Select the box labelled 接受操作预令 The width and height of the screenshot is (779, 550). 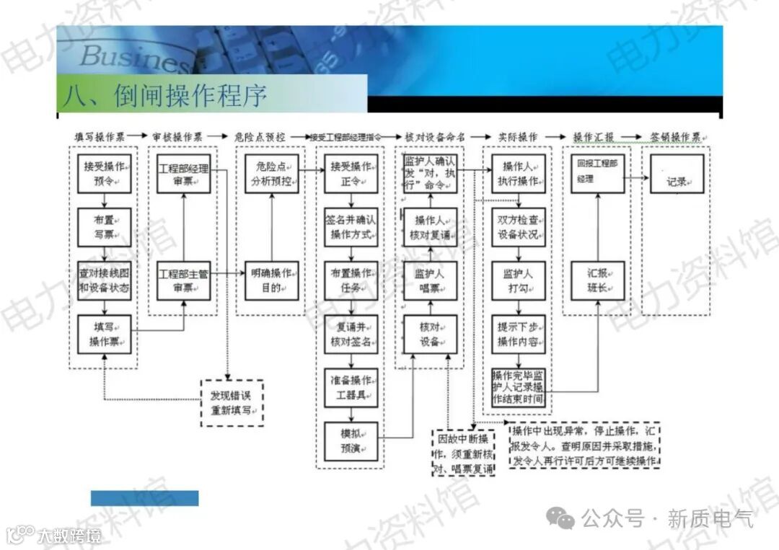pyautogui.click(x=104, y=174)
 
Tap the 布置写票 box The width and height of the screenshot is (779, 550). pyautogui.click(x=104, y=227)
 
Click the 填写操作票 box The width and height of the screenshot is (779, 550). pyautogui.click(x=104, y=335)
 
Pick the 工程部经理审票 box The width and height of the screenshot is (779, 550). pyautogui.click(x=183, y=174)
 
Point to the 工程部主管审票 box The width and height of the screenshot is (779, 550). pyautogui.click(x=183, y=280)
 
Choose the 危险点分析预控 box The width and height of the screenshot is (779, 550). pyautogui.click(x=272, y=174)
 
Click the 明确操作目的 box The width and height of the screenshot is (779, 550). pyautogui.click(x=272, y=280)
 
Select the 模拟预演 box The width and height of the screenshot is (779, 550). pyautogui.click(x=351, y=440)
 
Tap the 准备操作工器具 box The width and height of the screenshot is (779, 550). pyautogui.click(x=351, y=387)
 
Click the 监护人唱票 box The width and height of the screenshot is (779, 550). pyautogui.click(x=430, y=280)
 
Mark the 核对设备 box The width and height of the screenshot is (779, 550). pyautogui.click(x=430, y=334)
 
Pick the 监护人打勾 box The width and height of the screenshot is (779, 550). pyautogui.click(x=518, y=280)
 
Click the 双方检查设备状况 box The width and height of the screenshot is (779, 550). pyautogui.click(x=518, y=227)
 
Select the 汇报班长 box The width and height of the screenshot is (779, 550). pyautogui.click(x=597, y=280)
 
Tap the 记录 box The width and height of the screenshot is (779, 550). pyautogui.click(x=676, y=174)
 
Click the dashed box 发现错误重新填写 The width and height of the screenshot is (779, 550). pyautogui.click(x=232, y=403)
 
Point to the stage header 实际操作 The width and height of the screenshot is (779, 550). pyautogui.click(x=517, y=136)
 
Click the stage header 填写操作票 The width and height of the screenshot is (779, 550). pyautogui.click(x=100, y=136)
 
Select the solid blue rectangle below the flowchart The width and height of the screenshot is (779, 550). pyautogui.click(x=144, y=498)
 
